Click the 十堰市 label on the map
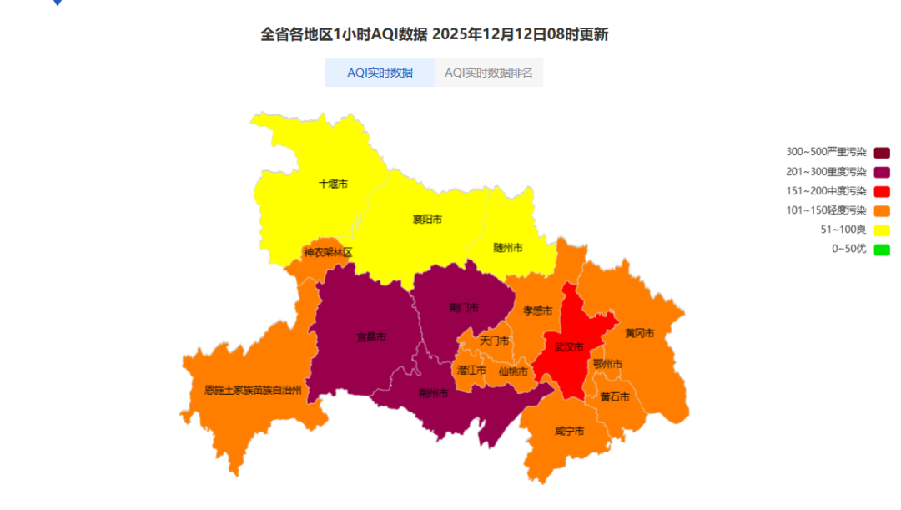(334, 183)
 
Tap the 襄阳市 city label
(427, 220)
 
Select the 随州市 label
(508, 248)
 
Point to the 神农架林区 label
(328, 252)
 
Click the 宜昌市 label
(371, 338)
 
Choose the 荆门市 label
(464, 307)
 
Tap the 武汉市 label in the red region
(569, 347)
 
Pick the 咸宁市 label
(569, 432)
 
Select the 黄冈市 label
(639, 334)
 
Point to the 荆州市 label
(434, 393)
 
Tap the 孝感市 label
(537, 311)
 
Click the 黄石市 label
(615, 397)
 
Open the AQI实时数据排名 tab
(489, 73)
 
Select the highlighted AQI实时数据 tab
(380, 73)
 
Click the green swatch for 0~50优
(882, 249)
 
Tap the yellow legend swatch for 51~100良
(882, 230)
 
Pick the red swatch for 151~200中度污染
(882, 191)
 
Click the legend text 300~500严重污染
(826, 152)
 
